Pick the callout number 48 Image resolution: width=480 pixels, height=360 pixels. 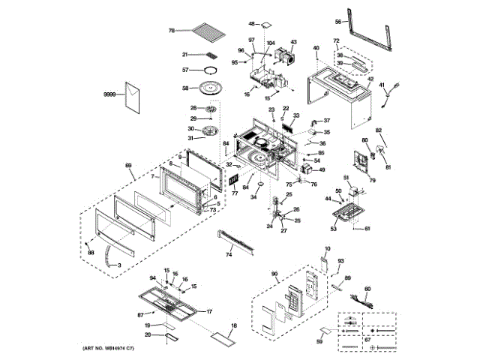pos(252,25)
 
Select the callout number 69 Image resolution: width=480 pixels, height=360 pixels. pos(128,165)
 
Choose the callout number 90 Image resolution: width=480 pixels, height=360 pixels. pos(274,274)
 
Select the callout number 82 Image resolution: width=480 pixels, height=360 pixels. pos(379,130)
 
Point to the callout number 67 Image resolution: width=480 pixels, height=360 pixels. pos(367,340)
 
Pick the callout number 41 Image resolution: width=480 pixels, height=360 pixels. pos(381,85)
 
